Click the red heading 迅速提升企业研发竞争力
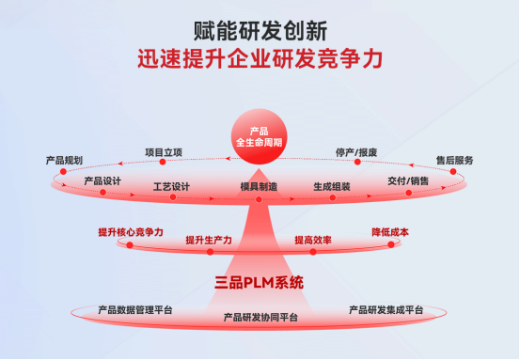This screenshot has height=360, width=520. (260, 59)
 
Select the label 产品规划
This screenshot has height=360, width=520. (64, 160)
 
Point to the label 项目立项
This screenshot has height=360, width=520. (163, 150)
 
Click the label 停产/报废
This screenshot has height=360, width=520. (356, 151)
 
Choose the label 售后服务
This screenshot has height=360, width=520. (454, 160)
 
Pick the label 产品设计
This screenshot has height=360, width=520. (102, 180)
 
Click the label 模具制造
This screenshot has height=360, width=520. (259, 187)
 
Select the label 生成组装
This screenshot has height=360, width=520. (332, 186)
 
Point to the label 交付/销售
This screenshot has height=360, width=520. (408, 180)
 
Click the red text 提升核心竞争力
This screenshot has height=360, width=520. (131, 231)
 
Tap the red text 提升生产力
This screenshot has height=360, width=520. (209, 240)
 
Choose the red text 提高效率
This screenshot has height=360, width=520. (313, 240)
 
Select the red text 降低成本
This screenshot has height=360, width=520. (390, 231)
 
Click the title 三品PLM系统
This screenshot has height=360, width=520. (260, 282)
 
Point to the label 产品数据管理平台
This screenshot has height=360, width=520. (135, 308)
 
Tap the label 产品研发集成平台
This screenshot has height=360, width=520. (386, 308)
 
